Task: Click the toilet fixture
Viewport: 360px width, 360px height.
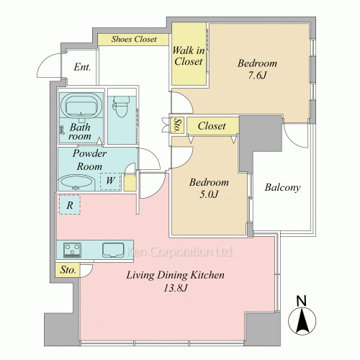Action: (x=121, y=106)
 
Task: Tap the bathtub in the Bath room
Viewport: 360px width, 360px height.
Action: (x=81, y=105)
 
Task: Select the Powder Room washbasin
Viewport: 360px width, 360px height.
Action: (x=76, y=182)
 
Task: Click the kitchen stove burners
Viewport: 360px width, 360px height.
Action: (x=72, y=250)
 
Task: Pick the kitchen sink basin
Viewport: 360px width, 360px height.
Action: (x=113, y=250)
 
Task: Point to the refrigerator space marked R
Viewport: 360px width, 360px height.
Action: (x=70, y=204)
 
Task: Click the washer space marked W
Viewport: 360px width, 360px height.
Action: (x=110, y=181)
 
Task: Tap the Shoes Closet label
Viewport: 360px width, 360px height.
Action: (x=134, y=39)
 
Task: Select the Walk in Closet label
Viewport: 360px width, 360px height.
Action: (x=189, y=56)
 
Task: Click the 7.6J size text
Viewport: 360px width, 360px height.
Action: (x=257, y=76)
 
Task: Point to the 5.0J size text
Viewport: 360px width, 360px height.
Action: (x=209, y=194)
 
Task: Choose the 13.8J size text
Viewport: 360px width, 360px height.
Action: (x=175, y=288)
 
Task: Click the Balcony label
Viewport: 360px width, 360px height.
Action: (x=282, y=187)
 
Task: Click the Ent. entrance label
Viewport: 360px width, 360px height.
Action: (x=82, y=67)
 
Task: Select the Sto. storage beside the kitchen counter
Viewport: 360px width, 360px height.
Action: (x=68, y=270)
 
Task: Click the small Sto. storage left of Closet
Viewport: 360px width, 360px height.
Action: (x=177, y=125)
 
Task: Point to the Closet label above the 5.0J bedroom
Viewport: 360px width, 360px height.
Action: (x=212, y=126)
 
